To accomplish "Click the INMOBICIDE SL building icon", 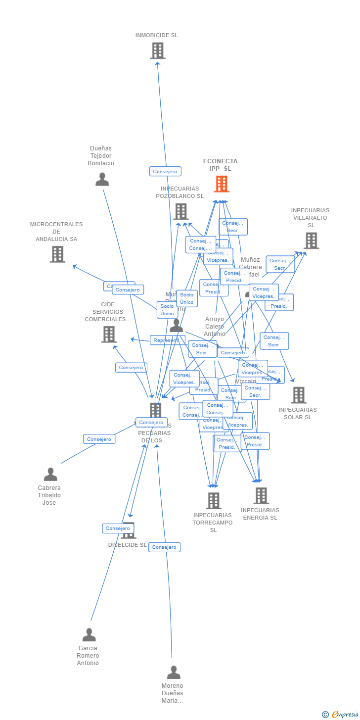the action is [x=157, y=50].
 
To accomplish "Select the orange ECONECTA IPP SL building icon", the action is [x=221, y=184].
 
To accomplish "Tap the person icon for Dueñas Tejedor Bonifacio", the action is [x=102, y=179].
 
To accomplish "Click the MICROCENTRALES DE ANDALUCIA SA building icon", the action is [x=57, y=254].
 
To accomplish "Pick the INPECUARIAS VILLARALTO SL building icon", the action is [x=311, y=240].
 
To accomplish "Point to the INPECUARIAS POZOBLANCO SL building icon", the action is [x=180, y=211].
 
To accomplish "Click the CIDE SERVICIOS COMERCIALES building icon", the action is [x=109, y=334].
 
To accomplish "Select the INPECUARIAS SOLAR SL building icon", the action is [x=298, y=395].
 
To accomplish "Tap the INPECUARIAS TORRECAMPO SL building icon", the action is [x=213, y=500].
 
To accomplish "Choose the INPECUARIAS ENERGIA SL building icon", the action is [x=261, y=495].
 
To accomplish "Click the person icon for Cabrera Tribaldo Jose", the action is [x=50, y=474].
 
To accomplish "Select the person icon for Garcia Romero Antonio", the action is [x=89, y=634].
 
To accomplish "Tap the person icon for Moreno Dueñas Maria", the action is [x=174, y=672].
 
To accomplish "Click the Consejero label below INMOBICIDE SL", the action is [x=165, y=171].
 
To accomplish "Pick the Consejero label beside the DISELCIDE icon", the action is [x=118, y=528].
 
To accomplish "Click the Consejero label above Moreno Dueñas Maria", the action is [x=164, y=547].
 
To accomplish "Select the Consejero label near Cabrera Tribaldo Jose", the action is [x=99, y=439].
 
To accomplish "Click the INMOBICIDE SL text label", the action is [x=157, y=35].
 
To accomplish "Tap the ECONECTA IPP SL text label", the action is [x=221, y=165].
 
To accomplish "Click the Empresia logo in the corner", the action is [x=344, y=714].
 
